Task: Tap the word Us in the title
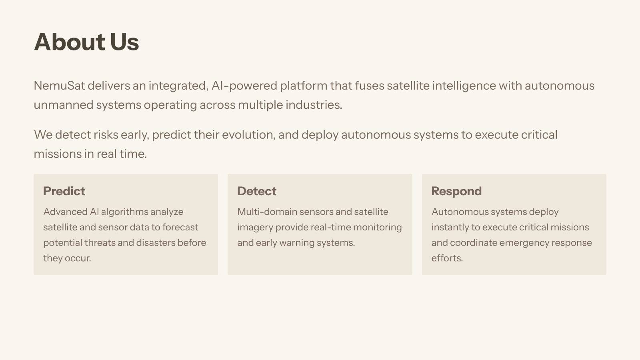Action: click(x=124, y=42)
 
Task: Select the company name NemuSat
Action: click(x=60, y=86)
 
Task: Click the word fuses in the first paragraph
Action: click(x=370, y=86)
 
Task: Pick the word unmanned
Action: click(x=64, y=105)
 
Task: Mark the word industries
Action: click(x=314, y=105)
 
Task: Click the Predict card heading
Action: click(x=64, y=191)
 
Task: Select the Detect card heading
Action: click(x=256, y=191)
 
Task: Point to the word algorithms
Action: click(x=124, y=212)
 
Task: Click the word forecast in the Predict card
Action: click(x=180, y=228)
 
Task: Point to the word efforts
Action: click(x=447, y=258)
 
